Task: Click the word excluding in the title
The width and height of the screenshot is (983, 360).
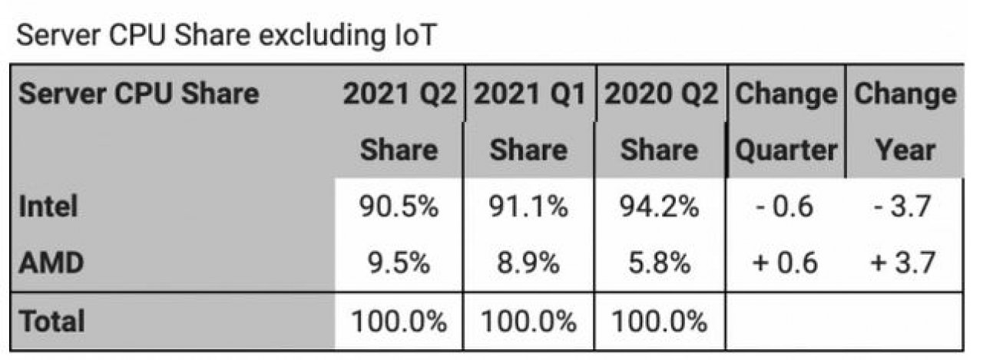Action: coord(322,35)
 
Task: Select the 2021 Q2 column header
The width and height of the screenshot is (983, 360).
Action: coord(399,94)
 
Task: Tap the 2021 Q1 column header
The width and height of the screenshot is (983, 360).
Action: coord(530,94)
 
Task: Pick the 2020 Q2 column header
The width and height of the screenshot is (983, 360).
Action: coord(660,94)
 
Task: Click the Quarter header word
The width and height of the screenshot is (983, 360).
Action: coord(786,150)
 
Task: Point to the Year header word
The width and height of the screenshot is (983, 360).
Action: coord(905,150)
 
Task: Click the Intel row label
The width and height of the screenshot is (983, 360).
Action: coord(48,206)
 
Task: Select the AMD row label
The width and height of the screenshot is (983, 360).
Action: coord(51,263)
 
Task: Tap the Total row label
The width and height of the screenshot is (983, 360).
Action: coord(51,321)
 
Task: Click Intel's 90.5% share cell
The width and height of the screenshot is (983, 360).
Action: coord(399,206)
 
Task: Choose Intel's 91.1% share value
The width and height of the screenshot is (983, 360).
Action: coord(528,206)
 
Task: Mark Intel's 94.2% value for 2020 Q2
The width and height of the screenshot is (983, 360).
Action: coord(659,206)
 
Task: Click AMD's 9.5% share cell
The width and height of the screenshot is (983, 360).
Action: coord(399,263)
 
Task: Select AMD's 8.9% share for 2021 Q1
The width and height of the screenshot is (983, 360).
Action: coord(528,263)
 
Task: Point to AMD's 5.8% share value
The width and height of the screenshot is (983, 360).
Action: coord(659,263)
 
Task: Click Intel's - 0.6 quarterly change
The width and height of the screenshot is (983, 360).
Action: coord(784,206)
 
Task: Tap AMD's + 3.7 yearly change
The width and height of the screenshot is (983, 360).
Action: coord(902,263)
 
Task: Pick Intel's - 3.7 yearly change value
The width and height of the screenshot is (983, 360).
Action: coord(902,206)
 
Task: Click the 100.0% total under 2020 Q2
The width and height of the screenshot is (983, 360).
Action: coord(659,321)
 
